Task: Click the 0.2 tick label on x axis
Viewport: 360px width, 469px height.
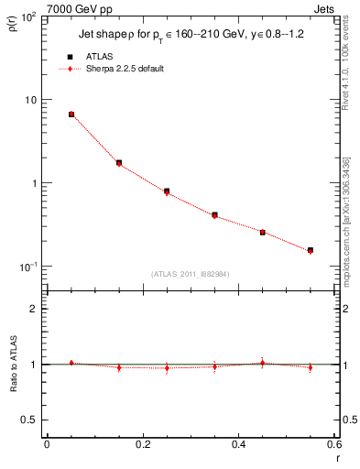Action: pos(142,444)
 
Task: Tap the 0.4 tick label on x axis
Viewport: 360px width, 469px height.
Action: pos(237,444)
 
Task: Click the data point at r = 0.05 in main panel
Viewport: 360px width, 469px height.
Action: pos(71,115)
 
